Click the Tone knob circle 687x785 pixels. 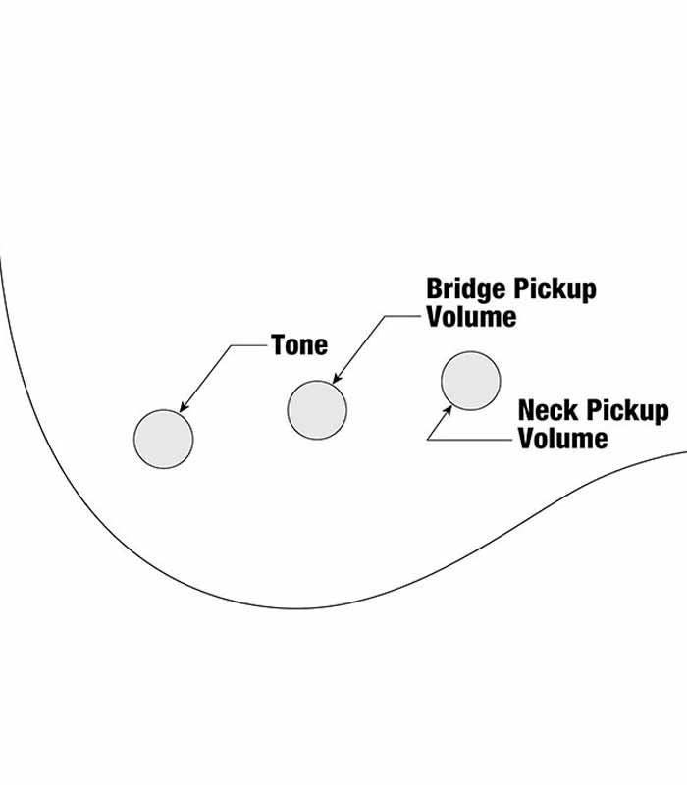point(163,439)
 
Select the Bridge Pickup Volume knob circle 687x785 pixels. point(317,409)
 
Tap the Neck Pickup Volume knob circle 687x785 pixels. point(471,381)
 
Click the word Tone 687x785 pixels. point(299,345)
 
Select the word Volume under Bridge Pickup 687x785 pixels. point(471,316)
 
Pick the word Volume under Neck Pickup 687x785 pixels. point(563,438)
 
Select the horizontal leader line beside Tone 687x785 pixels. point(250,345)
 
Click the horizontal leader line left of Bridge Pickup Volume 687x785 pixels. point(404,316)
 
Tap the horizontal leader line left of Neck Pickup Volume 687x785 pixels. point(471,439)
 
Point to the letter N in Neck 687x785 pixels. point(527,410)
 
